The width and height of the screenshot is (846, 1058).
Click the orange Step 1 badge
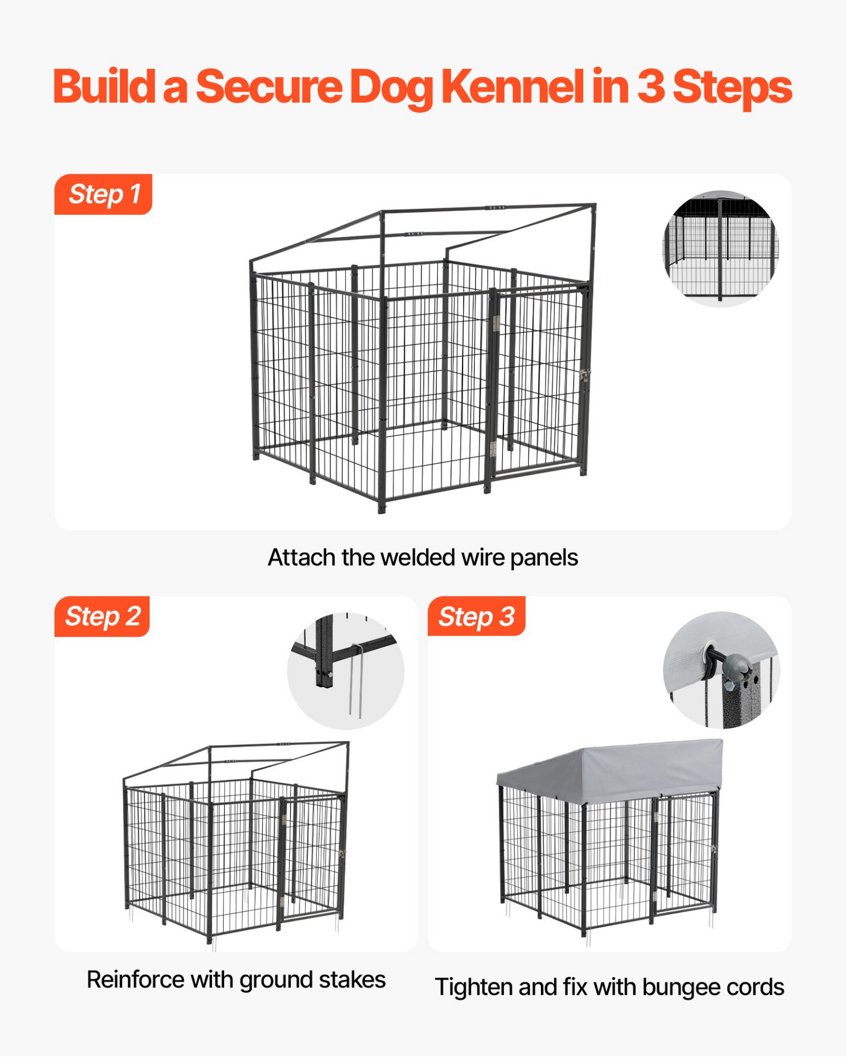click(x=103, y=194)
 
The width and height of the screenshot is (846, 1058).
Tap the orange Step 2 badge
click(x=102, y=616)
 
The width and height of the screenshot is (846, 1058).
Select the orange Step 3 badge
click(x=477, y=616)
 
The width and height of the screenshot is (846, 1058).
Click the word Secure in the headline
click(x=269, y=87)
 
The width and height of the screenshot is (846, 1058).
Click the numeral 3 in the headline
click(x=650, y=87)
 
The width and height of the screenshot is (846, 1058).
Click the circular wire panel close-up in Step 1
click(x=720, y=248)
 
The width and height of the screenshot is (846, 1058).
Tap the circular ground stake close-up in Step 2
click(x=345, y=671)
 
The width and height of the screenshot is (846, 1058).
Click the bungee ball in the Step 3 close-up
click(x=735, y=665)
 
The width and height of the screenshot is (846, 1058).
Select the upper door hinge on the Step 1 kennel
click(x=496, y=323)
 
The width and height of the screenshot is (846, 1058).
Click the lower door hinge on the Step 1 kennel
click(x=492, y=449)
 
